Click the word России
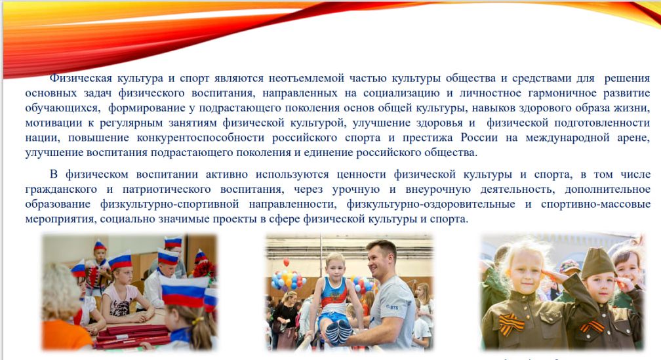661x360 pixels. [x=479, y=138]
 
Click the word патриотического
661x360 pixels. [x=167, y=190]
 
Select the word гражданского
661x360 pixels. [x=61, y=190]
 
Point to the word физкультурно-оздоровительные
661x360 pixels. [x=431, y=205]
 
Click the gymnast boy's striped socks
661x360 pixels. [x=338, y=332]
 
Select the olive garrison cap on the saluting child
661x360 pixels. [x=597, y=263]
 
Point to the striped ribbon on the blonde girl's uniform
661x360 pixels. [x=511, y=324]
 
